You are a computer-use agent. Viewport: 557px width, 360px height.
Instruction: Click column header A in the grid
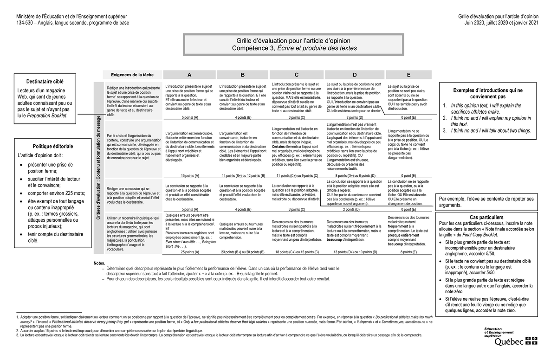(x=189, y=75)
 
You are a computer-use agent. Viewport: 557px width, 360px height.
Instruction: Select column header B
(x=242, y=75)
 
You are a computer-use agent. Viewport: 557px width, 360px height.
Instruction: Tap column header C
(x=296, y=75)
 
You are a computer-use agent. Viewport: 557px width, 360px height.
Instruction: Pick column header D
(x=355, y=75)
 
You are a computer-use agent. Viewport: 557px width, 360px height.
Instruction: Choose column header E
(x=408, y=75)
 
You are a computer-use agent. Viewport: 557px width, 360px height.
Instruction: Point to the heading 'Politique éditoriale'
(x=46, y=146)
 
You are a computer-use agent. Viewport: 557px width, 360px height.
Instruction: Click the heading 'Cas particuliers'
(x=486, y=217)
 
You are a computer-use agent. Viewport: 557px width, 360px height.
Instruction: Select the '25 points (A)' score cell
(x=189, y=252)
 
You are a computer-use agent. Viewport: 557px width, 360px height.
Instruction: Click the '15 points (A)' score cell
(x=189, y=176)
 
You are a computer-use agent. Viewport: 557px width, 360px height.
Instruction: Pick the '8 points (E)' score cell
(x=408, y=252)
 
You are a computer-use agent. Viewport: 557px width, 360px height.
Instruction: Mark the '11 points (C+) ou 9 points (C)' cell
(x=296, y=176)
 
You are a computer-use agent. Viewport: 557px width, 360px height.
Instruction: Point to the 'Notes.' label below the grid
(x=100, y=263)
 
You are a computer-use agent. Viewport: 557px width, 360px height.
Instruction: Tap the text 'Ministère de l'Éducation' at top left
(x=71, y=17)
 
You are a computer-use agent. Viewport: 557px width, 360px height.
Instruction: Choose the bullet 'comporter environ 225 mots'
(x=57, y=193)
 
